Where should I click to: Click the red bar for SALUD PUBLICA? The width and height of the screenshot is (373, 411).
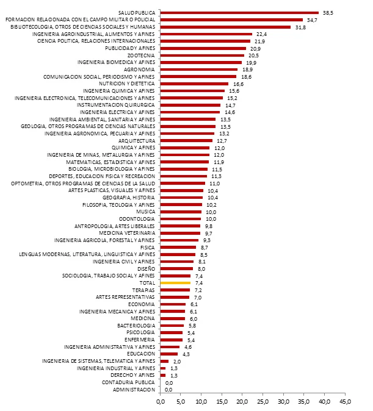pyautogui.click(x=239, y=12)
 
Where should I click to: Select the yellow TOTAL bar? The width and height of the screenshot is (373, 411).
pyautogui.click(x=175, y=283)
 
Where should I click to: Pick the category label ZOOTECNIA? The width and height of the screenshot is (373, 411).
pyautogui.click(x=141, y=55)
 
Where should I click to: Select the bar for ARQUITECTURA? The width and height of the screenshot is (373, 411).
pyautogui.click(x=186, y=140)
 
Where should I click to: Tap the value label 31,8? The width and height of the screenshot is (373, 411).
pyautogui.click(x=300, y=27)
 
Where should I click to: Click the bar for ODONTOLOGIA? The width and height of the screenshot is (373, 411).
pyautogui.click(x=180, y=218)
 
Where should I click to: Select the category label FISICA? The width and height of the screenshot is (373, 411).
pyautogui.click(x=147, y=247)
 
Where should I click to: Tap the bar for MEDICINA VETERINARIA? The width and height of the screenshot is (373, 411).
pyautogui.click(x=179, y=233)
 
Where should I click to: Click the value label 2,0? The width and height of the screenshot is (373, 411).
pyautogui.click(x=176, y=361)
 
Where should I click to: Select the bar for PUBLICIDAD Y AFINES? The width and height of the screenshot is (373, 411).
pyautogui.click(x=203, y=48)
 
